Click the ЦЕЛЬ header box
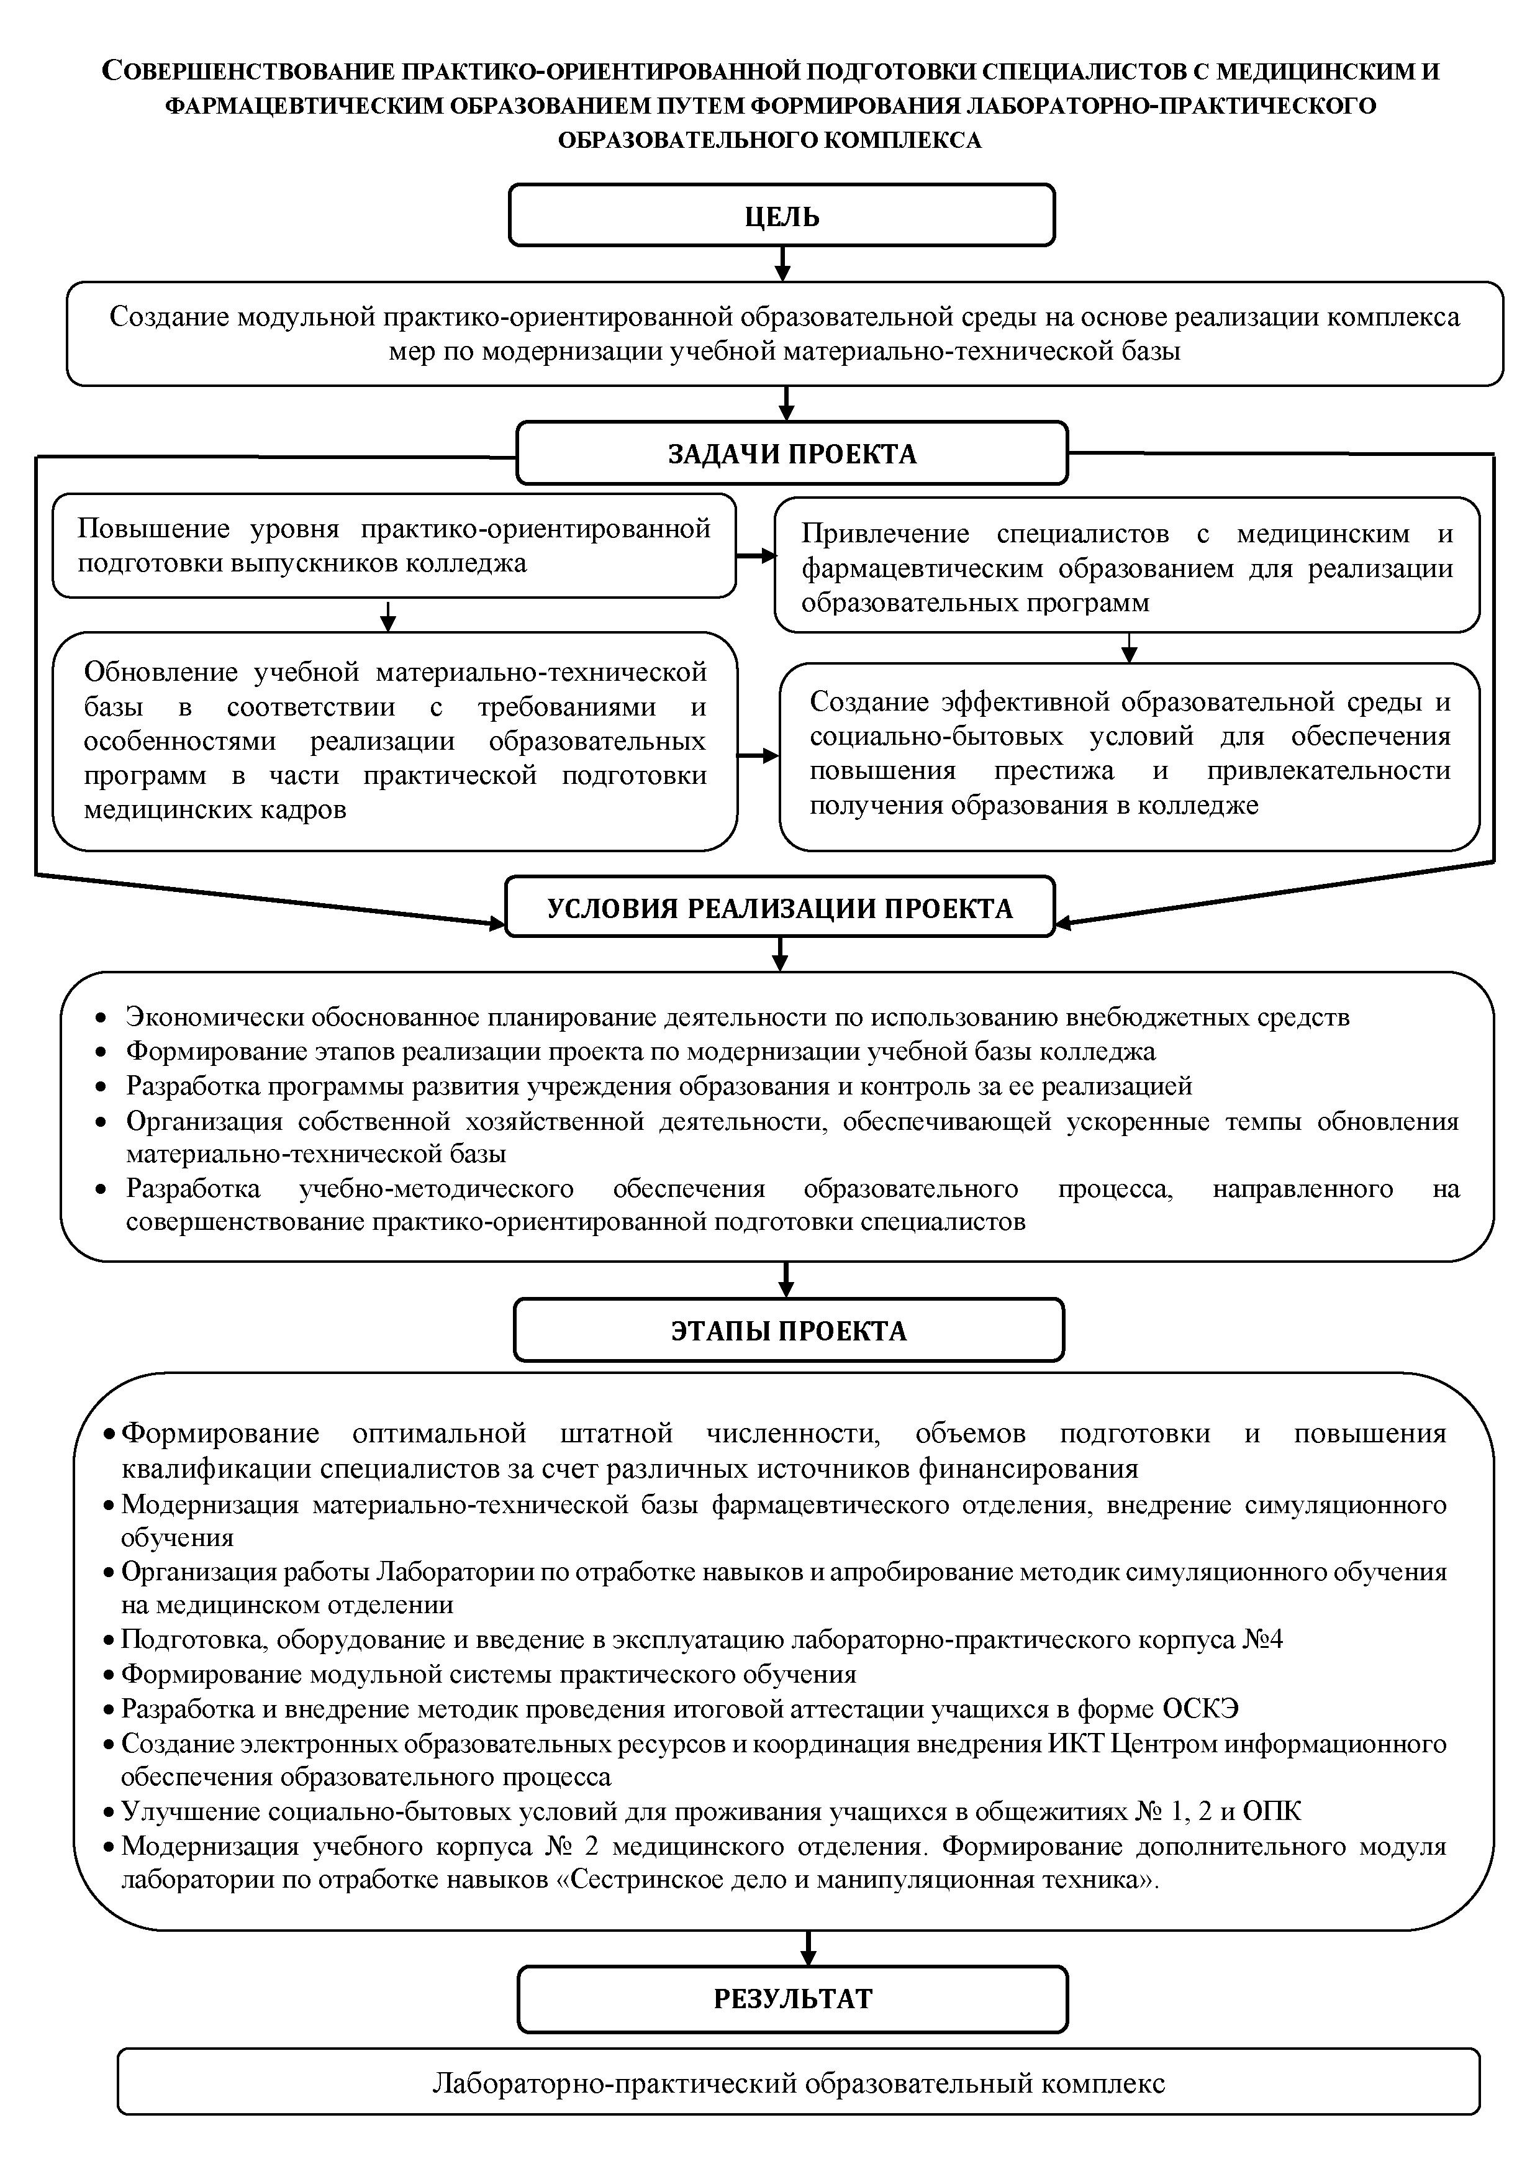click(782, 216)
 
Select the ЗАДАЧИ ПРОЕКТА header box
click(791, 453)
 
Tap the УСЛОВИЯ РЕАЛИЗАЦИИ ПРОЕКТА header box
click(779, 908)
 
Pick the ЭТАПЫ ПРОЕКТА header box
click(789, 1331)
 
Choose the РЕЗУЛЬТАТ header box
click(792, 1999)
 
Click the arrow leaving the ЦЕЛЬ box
click(782, 263)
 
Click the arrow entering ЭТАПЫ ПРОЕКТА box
click(786, 1280)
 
